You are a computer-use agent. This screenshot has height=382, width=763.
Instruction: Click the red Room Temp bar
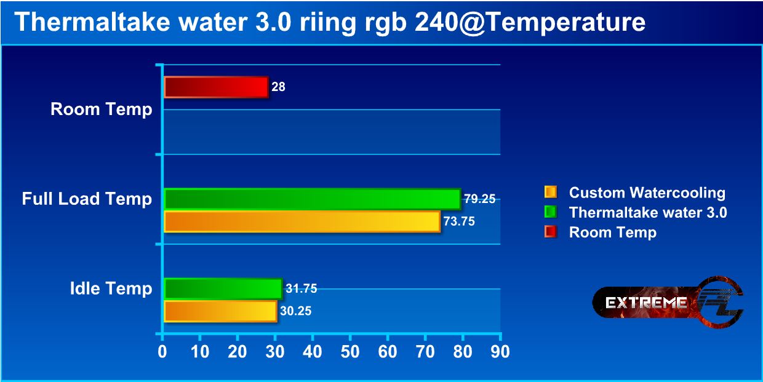(x=216, y=87)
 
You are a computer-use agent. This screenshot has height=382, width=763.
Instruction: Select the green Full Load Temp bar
(x=312, y=199)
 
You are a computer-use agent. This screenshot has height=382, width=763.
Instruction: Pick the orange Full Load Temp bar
(x=302, y=221)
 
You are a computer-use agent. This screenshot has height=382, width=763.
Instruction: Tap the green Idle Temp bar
(x=223, y=288)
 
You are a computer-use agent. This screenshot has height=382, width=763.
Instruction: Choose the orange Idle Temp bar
(x=220, y=311)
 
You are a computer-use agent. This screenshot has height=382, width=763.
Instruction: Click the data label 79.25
(x=479, y=199)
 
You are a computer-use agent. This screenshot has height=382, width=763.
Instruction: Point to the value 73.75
(x=460, y=222)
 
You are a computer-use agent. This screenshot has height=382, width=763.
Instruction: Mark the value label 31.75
(x=301, y=288)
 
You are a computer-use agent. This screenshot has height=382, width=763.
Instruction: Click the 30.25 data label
(x=295, y=311)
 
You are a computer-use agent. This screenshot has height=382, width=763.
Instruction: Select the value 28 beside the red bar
(x=278, y=87)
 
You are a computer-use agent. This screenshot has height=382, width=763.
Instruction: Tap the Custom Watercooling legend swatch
(x=550, y=193)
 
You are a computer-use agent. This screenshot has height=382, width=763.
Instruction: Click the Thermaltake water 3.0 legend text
(x=648, y=213)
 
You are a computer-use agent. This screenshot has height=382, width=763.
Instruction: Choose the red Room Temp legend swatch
(x=550, y=233)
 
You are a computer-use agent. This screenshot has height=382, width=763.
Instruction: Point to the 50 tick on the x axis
(x=350, y=352)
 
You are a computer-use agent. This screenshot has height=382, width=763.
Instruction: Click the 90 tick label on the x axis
(x=500, y=352)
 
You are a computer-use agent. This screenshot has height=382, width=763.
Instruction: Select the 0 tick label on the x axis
(x=162, y=352)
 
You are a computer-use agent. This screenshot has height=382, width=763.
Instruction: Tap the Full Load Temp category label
(x=87, y=199)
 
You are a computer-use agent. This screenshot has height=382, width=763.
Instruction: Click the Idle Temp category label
(x=111, y=288)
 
